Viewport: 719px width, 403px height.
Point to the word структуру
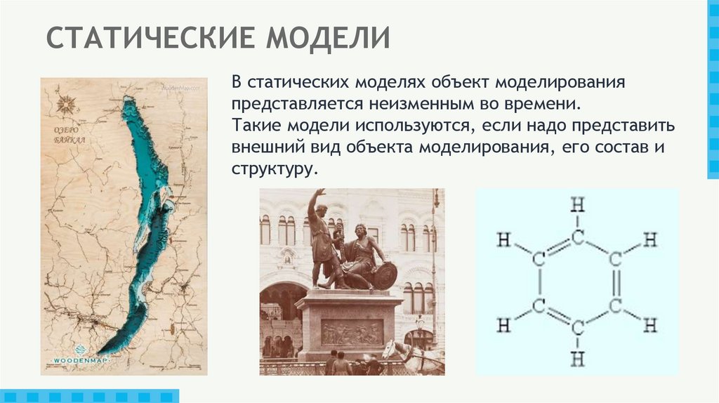273,169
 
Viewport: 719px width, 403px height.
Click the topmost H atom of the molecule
577,205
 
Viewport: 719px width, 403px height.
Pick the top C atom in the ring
577,237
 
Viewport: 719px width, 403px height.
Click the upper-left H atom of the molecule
503,239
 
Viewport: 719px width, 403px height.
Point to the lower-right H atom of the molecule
651,325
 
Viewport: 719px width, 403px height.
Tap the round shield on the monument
384,275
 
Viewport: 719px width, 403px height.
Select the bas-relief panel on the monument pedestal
352,332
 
